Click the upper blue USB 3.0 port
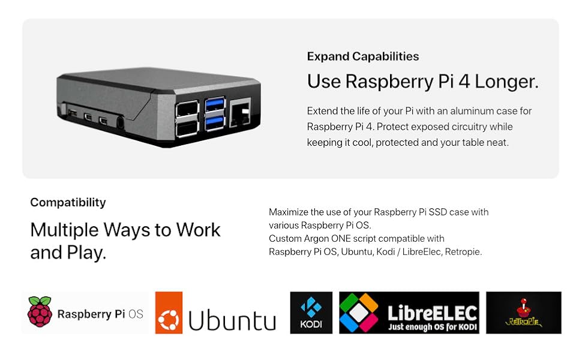coord(215,105)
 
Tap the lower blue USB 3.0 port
coord(215,123)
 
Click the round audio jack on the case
coord(120,122)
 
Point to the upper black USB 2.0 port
coord(187,109)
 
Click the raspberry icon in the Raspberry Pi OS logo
coord(40,312)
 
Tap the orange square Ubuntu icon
coord(169,313)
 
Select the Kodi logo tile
coord(311,313)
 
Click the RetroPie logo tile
coord(523,313)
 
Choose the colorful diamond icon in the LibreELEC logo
coord(359,313)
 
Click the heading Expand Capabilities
coord(362,56)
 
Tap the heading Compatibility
coord(68,202)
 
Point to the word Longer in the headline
coord(506,81)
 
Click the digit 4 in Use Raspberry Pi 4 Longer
coord(464,81)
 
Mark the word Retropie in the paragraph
coord(463,252)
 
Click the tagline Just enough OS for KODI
coord(433,327)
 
